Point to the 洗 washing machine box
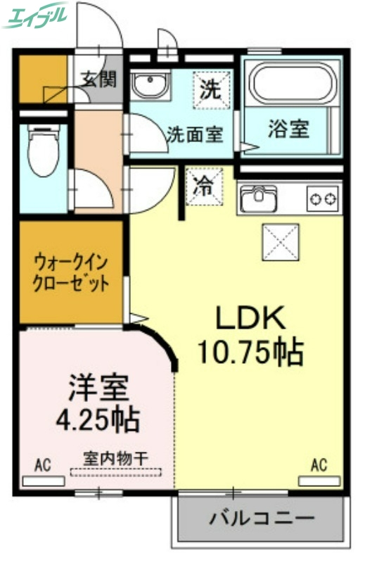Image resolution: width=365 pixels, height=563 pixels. (x=210, y=90)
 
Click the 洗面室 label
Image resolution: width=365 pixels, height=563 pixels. (x=195, y=134)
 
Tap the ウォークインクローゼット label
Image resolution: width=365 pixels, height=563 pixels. (x=72, y=274)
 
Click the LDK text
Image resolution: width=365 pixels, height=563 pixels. (x=250, y=320)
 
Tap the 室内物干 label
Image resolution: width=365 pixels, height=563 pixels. (x=116, y=458)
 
